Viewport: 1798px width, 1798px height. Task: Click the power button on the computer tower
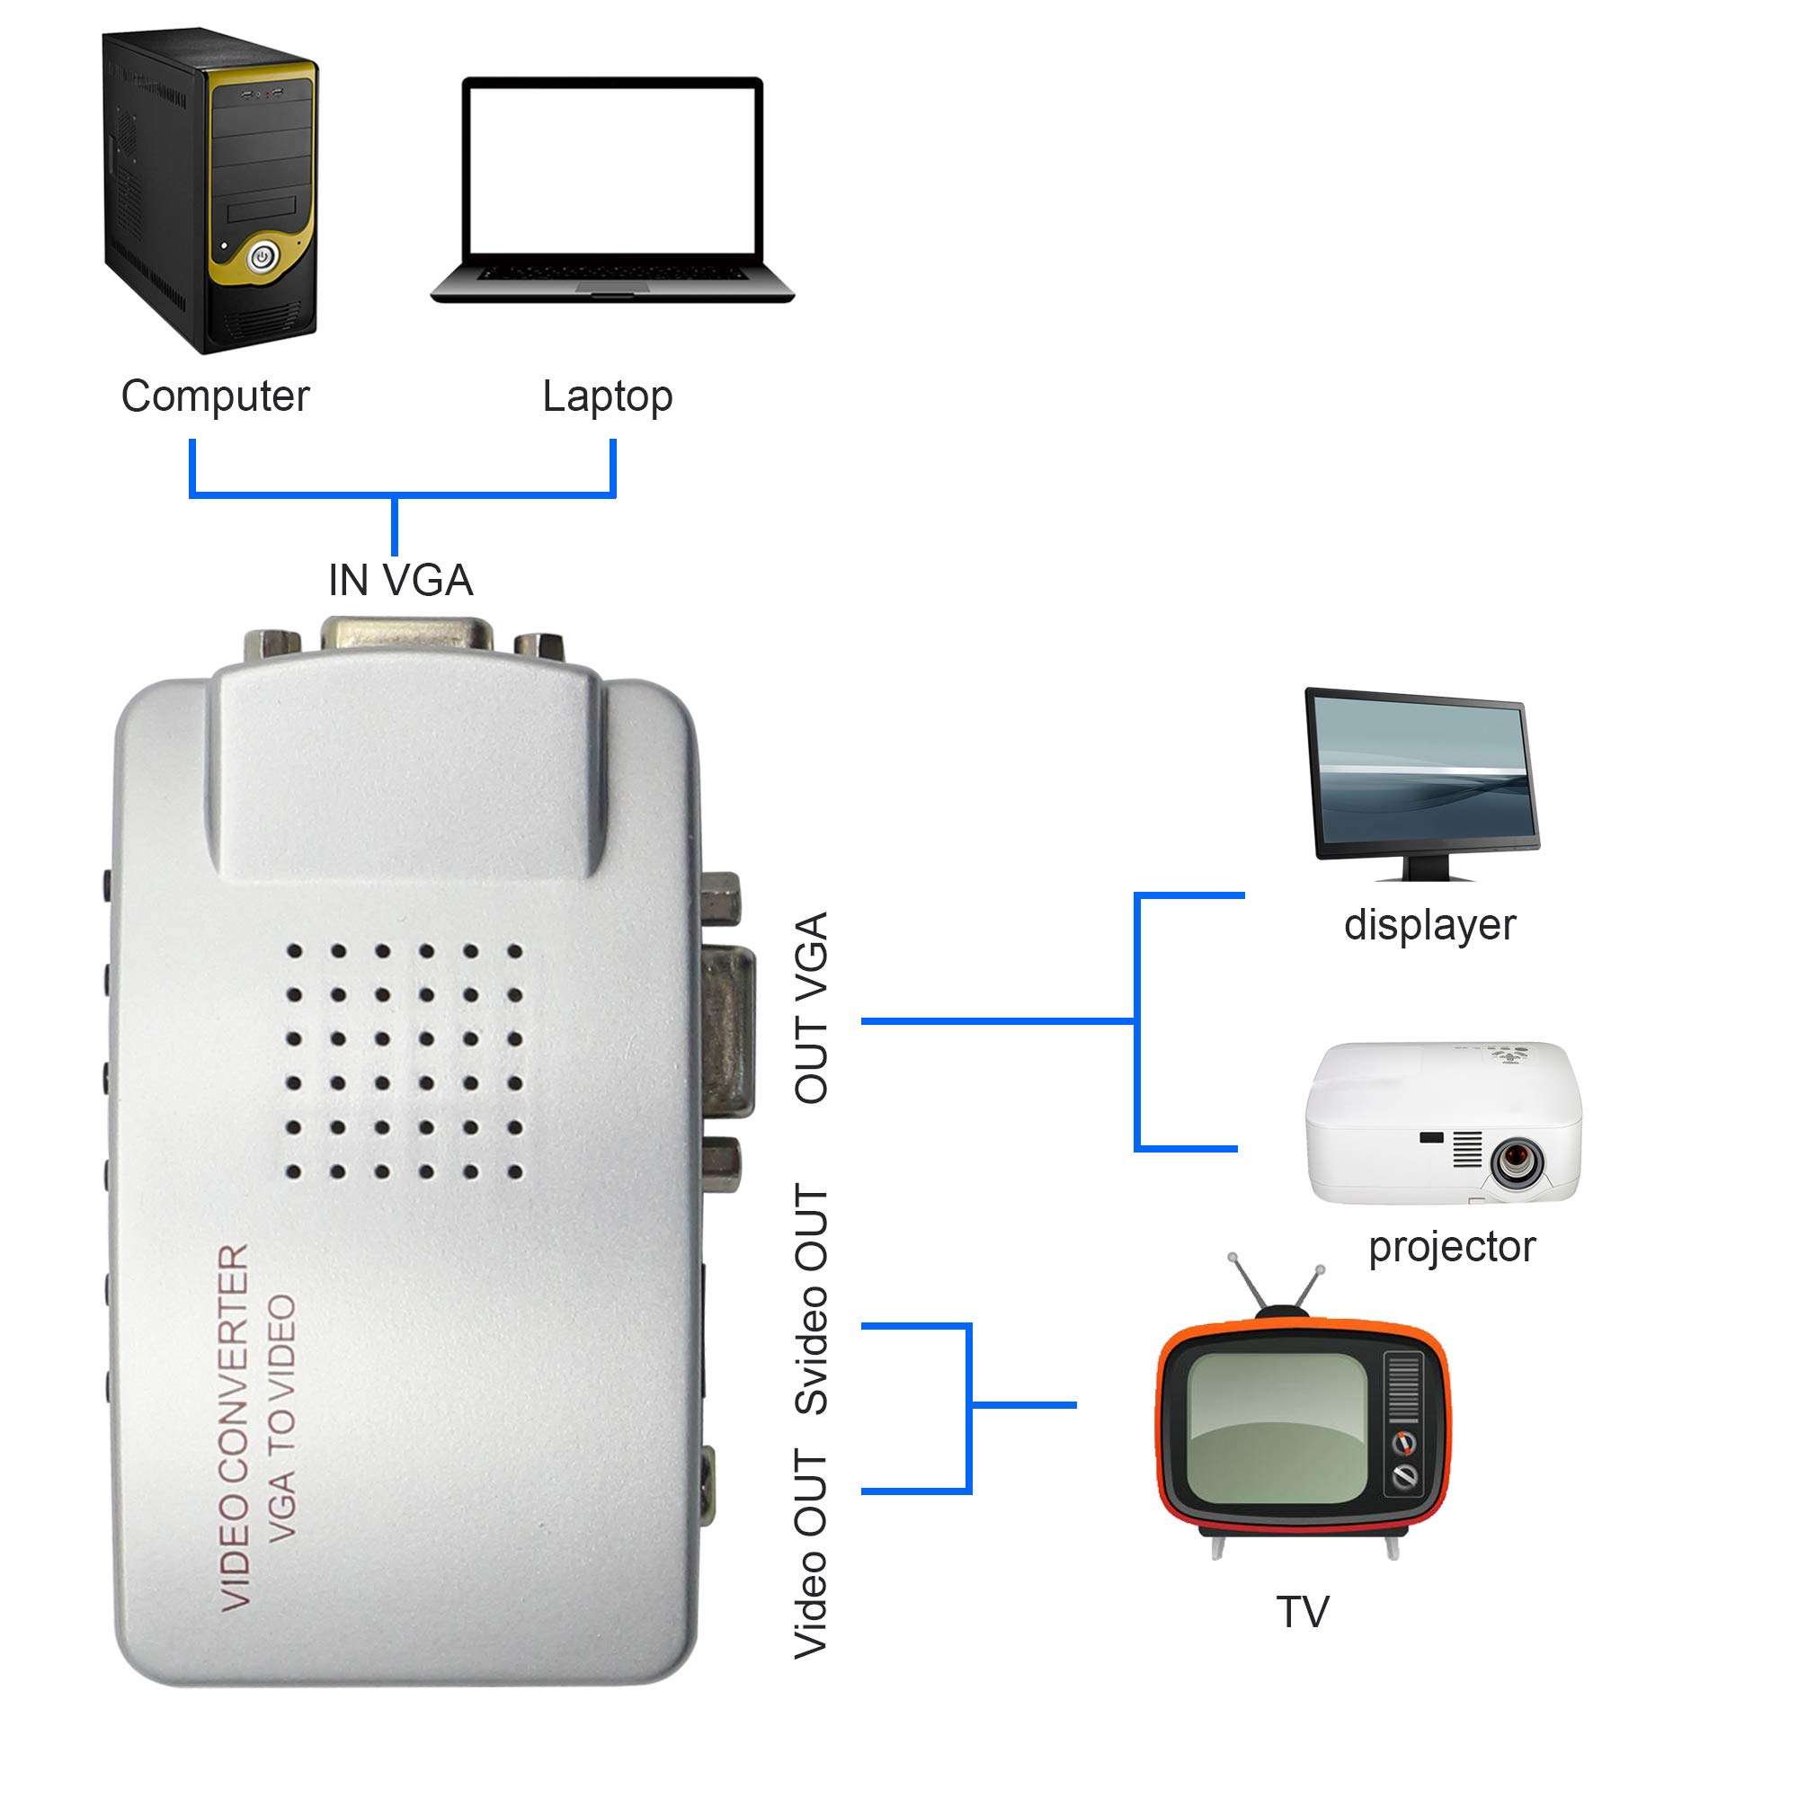coord(263,255)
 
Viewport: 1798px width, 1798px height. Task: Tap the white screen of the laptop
coord(612,167)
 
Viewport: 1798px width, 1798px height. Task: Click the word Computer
coord(215,396)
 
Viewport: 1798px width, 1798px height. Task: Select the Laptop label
coord(607,397)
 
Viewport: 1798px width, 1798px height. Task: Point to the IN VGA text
coord(400,581)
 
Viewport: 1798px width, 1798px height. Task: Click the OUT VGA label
coord(811,1008)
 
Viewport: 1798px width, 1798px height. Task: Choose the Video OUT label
coord(811,1553)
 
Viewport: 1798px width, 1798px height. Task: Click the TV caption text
coord(1302,1612)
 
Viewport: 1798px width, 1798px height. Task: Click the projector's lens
coord(1516,1161)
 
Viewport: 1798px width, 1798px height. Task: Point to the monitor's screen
coord(1421,778)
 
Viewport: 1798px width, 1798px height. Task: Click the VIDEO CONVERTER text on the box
coord(235,1428)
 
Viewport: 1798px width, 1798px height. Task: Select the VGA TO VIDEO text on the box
coord(282,1419)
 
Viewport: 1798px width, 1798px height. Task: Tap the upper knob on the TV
coord(1404,1444)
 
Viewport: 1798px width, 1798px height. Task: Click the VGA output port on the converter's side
coord(730,1028)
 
